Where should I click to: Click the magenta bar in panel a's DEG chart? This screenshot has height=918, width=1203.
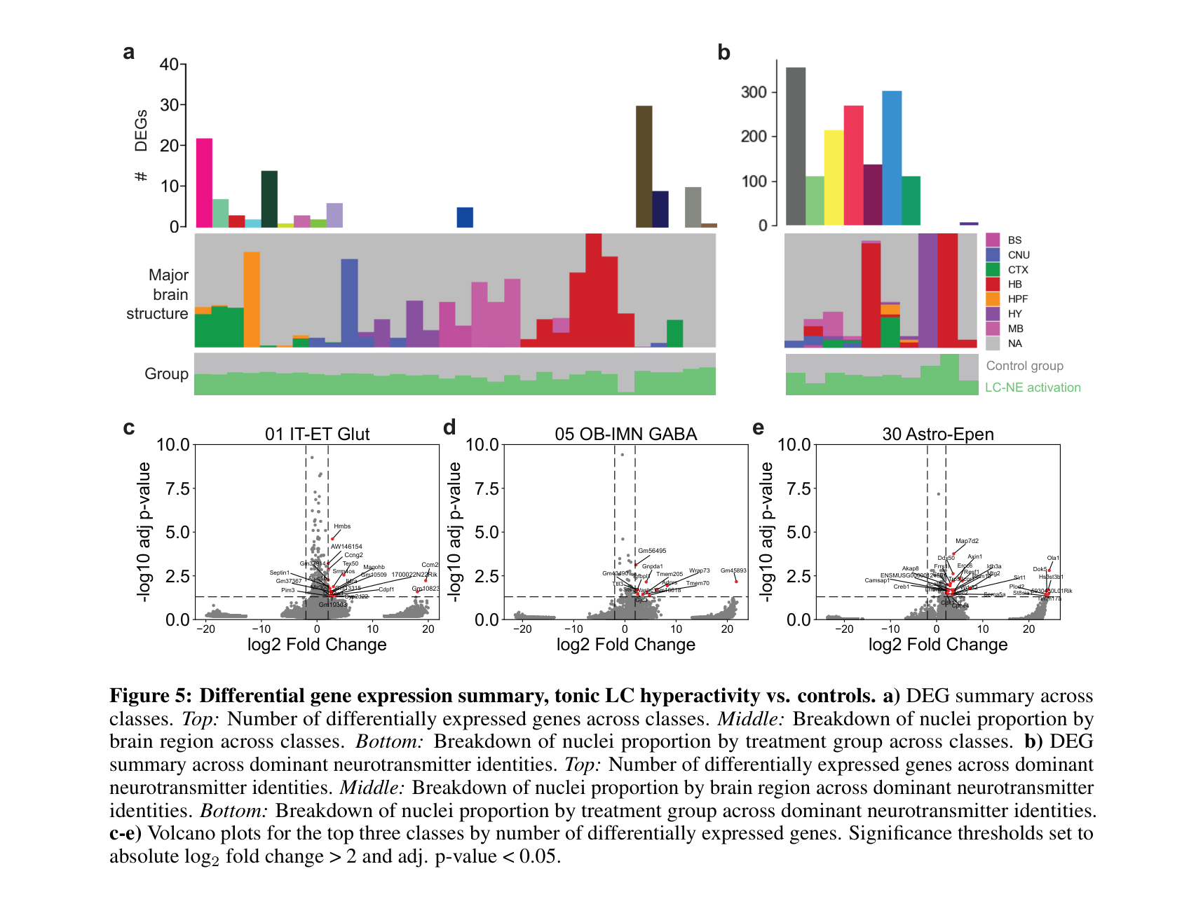(x=204, y=183)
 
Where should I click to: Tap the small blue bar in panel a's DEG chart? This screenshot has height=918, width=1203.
(x=465, y=217)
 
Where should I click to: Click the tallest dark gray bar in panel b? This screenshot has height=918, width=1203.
(x=796, y=146)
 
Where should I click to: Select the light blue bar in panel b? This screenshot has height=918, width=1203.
(x=892, y=158)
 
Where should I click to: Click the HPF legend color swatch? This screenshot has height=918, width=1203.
(x=993, y=299)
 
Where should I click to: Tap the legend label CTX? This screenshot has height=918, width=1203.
(x=1018, y=270)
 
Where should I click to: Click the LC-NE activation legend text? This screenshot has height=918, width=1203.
(x=1032, y=388)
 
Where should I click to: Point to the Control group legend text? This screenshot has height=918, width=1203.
(x=1024, y=366)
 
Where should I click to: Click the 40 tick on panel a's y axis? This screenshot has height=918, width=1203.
(x=169, y=64)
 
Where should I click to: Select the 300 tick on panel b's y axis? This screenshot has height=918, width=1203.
(x=754, y=93)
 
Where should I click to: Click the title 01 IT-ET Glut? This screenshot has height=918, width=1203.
(x=317, y=434)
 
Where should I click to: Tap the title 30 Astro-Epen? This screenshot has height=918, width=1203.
(x=937, y=434)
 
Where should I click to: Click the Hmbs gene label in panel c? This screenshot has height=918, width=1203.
(x=342, y=526)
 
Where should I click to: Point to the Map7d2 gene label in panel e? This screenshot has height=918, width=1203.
(x=967, y=541)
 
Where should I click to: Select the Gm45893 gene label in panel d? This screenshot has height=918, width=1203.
(x=733, y=570)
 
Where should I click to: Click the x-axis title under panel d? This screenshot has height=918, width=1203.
(x=625, y=645)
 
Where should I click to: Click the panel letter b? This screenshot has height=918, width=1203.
(x=723, y=53)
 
